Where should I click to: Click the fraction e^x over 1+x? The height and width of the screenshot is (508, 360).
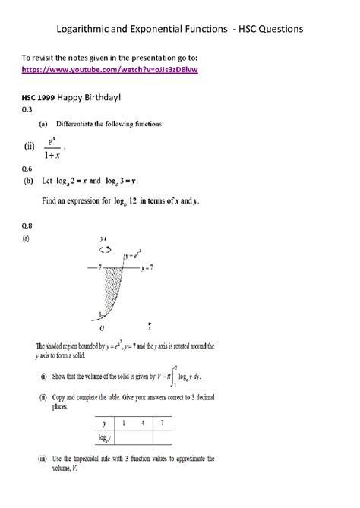[51, 146]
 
